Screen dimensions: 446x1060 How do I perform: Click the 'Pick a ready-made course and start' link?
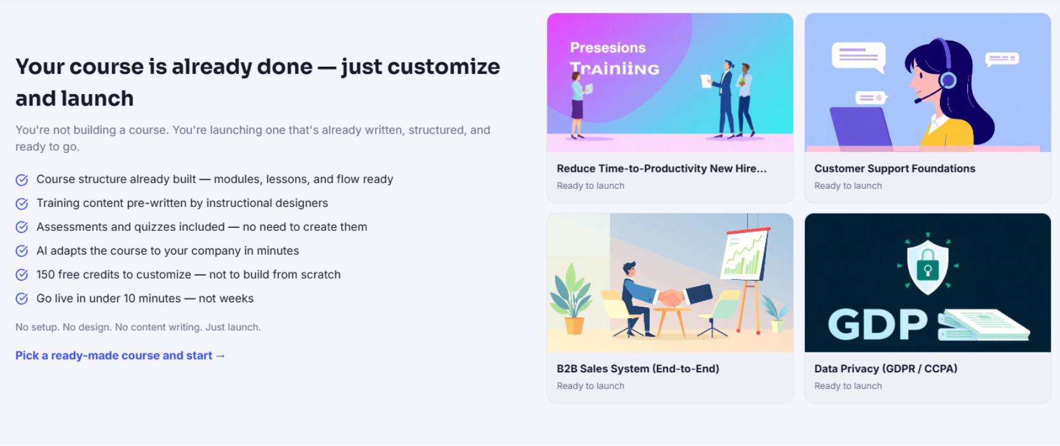(120, 356)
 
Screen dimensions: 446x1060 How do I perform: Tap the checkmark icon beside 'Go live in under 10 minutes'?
(22, 298)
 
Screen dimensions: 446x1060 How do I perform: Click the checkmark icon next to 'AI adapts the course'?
(22, 251)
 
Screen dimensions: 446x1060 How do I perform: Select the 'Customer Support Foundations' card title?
(894, 169)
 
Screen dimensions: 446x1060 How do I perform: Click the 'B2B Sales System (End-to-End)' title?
(638, 368)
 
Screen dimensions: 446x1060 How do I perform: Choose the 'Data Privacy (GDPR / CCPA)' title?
(885, 368)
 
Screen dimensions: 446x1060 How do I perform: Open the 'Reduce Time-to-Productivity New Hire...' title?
(661, 169)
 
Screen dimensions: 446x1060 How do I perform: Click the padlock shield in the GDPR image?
(928, 268)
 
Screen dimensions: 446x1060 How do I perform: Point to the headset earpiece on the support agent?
(947, 80)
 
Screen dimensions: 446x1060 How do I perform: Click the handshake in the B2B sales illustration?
(670, 297)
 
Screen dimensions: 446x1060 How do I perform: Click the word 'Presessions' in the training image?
(607, 48)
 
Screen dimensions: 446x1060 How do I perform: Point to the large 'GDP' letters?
(878, 324)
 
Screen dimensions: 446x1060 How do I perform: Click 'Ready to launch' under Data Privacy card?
(848, 386)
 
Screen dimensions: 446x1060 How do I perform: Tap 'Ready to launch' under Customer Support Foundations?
(848, 186)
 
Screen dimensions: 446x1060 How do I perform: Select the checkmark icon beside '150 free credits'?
(22, 275)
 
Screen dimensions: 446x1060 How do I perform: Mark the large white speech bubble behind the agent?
(858, 56)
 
